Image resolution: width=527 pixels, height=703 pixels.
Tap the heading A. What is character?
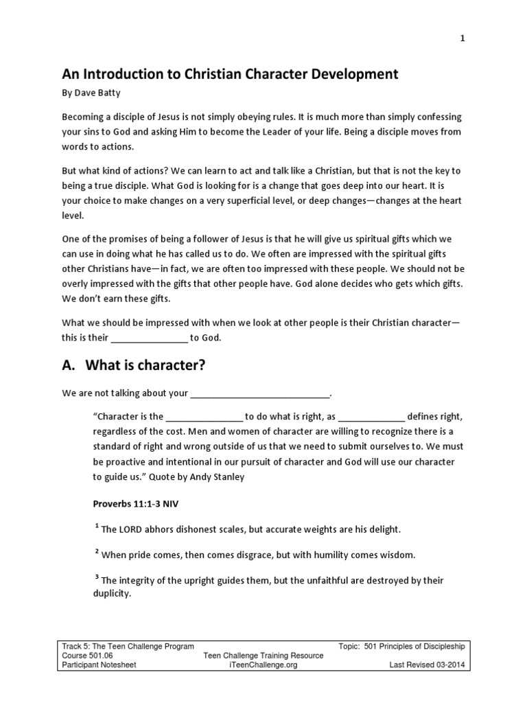click(134, 365)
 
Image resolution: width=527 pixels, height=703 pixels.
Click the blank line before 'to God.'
click(149, 338)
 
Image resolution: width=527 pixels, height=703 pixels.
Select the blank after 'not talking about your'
click(259, 394)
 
